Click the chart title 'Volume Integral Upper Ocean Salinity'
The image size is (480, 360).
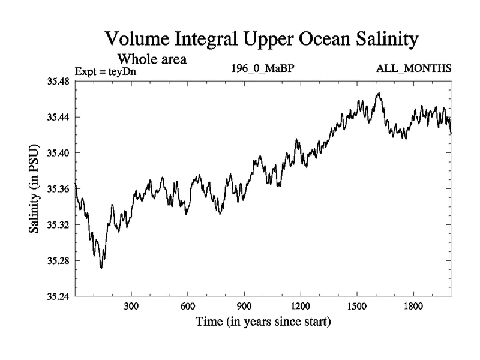click(x=260, y=40)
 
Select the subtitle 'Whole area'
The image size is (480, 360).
click(x=152, y=59)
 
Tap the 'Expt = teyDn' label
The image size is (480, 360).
click(x=105, y=72)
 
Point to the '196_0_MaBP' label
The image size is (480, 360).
click(x=262, y=68)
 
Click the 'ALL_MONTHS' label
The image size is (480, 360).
click(x=413, y=68)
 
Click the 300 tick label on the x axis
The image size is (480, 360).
click(x=131, y=306)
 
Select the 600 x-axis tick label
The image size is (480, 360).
click(x=188, y=306)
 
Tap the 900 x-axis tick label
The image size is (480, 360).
click(x=244, y=306)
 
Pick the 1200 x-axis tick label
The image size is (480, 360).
click(x=301, y=306)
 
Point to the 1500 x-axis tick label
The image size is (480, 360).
click(x=357, y=306)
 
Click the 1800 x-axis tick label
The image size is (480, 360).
click(x=413, y=306)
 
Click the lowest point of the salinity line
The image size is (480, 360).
click(x=101, y=268)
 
